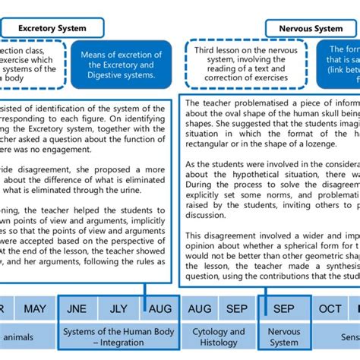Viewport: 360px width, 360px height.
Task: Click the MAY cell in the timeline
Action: pos(34,309)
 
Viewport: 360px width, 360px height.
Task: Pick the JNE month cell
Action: pos(77,309)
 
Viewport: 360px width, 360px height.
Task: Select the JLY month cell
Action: pos(118,309)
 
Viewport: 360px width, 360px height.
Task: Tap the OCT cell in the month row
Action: pos(330,309)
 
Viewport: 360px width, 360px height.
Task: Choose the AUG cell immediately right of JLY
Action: pos(159,309)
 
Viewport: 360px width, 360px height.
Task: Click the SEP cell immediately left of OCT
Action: pos(283,309)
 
